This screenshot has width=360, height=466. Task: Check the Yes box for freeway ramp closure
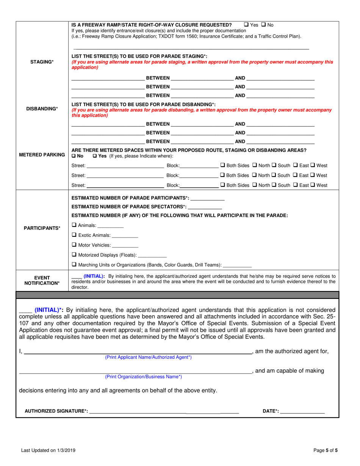pyautogui.click(x=247, y=25)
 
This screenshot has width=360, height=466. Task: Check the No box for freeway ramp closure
pyautogui.click(x=263, y=25)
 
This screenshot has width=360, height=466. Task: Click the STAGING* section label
pyautogui.click(x=42, y=62)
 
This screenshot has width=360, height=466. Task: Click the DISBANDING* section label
pyautogui.click(x=42, y=109)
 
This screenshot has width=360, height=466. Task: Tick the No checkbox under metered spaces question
pyautogui.click(x=74, y=156)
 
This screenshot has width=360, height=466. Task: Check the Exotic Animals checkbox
pyautogui.click(x=74, y=235)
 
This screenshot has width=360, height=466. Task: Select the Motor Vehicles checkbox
pyautogui.click(x=74, y=245)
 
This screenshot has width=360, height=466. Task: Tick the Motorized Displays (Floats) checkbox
pyautogui.click(x=74, y=255)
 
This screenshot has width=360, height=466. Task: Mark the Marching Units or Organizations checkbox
pyautogui.click(x=74, y=264)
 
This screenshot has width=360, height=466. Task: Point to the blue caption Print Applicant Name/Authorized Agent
pyautogui.click(x=148, y=357)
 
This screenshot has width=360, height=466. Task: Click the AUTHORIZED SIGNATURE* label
pyautogui.click(x=56, y=411)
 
